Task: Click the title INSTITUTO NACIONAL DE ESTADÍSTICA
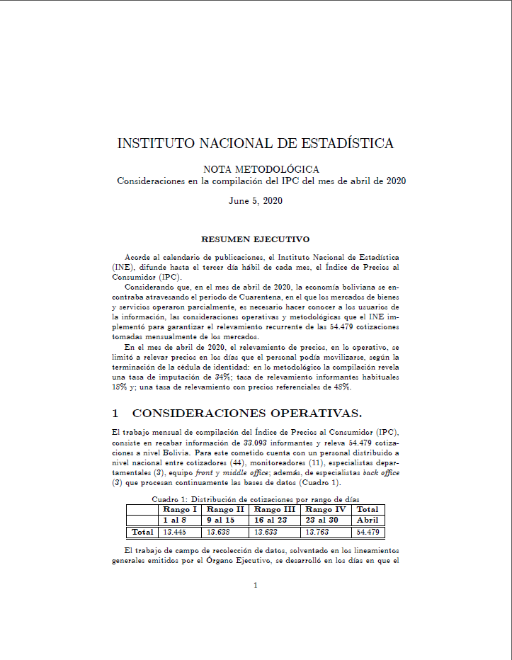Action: click(x=256, y=144)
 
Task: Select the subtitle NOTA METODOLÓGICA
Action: click(x=261, y=169)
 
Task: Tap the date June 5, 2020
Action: click(x=256, y=201)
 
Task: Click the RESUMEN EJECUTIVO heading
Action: click(x=256, y=239)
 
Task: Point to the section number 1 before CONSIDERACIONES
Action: click(x=115, y=413)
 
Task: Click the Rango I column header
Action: click(x=180, y=509)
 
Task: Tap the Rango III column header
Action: click(x=275, y=509)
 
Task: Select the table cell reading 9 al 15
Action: click(x=220, y=520)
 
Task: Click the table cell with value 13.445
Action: click(x=175, y=532)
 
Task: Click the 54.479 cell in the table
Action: click(x=368, y=532)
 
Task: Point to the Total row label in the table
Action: click(x=142, y=532)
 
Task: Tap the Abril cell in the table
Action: click(x=368, y=520)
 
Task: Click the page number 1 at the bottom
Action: click(x=256, y=585)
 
